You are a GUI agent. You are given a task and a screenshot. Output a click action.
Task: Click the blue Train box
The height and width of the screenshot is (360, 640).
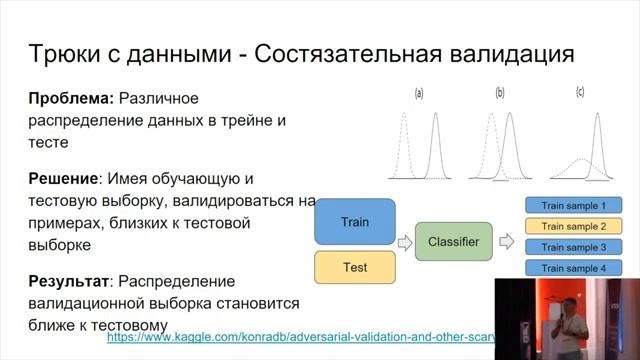[x=355, y=222]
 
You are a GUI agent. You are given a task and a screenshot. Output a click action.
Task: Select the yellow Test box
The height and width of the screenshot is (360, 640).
[x=355, y=267]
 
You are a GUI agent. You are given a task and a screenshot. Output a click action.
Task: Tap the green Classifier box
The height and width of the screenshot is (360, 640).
[x=453, y=242]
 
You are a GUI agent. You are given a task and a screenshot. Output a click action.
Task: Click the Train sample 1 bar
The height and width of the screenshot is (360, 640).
[x=574, y=205]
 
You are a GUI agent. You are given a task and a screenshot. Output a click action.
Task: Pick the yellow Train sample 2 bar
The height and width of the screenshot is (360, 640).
[x=574, y=226]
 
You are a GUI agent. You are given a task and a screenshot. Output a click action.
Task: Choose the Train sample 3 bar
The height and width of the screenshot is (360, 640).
[x=574, y=247]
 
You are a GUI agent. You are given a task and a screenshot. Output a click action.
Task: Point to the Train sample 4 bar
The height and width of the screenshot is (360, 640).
[x=574, y=268]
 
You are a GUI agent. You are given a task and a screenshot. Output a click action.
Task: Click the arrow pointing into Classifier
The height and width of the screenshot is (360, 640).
[x=405, y=242]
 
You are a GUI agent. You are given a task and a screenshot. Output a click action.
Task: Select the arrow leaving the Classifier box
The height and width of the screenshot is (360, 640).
[x=506, y=242]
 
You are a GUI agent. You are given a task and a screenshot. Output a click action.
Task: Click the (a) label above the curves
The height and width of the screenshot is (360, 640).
[x=419, y=94]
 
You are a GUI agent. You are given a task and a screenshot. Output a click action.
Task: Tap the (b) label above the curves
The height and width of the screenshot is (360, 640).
[x=500, y=94]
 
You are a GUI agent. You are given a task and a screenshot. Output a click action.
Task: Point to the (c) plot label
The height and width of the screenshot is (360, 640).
[x=580, y=93]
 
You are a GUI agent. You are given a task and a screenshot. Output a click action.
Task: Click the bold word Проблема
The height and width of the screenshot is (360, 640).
[x=72, y=98]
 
